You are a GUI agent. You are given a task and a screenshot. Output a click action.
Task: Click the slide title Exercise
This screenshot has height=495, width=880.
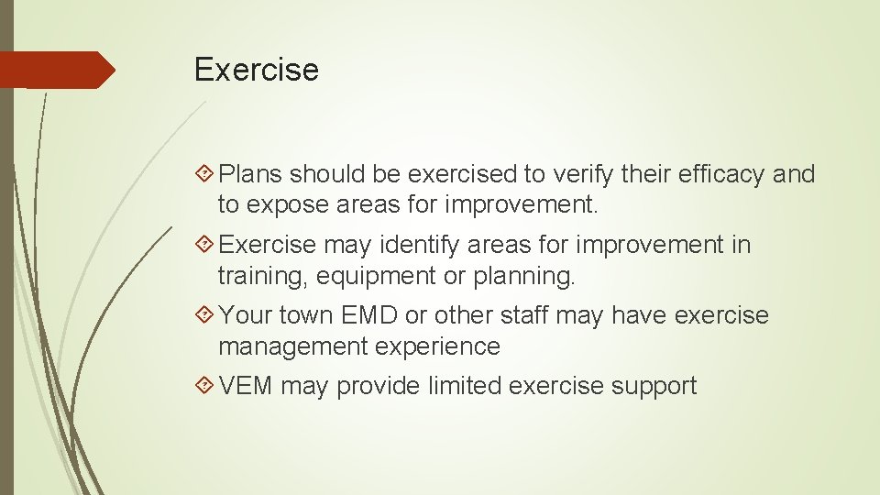point(257,70)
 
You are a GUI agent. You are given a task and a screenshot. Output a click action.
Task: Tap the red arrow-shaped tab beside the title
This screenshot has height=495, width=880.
point(59,70)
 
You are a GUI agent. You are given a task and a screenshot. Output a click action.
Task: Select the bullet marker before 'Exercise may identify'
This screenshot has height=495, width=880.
point(206,245)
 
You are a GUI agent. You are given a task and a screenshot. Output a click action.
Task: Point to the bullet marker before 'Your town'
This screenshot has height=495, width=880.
point(206,315)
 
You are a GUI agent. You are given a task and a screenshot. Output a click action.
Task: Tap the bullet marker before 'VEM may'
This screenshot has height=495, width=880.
point(206,386)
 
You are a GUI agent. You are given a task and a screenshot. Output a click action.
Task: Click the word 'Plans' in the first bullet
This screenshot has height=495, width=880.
point(251,174)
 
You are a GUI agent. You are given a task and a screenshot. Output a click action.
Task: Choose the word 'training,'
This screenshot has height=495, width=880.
point(263,275)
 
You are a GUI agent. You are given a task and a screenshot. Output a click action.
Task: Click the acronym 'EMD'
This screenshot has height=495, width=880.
point(369,315)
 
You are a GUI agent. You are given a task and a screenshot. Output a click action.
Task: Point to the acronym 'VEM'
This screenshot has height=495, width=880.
point(247,386)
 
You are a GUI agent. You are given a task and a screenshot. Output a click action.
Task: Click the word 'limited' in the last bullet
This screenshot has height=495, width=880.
point(464,386)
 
